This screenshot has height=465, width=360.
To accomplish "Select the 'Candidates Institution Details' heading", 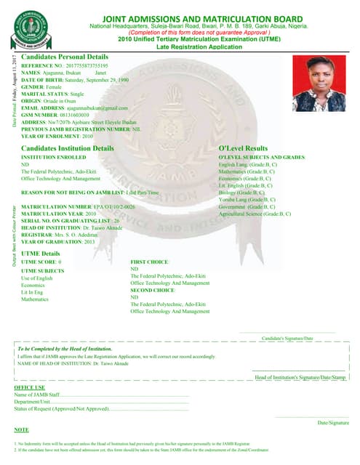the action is [x=68, y=147].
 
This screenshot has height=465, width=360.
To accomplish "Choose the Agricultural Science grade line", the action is [x=255, y=214].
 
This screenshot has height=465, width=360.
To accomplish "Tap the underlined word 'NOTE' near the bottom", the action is [x=21, y=430].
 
